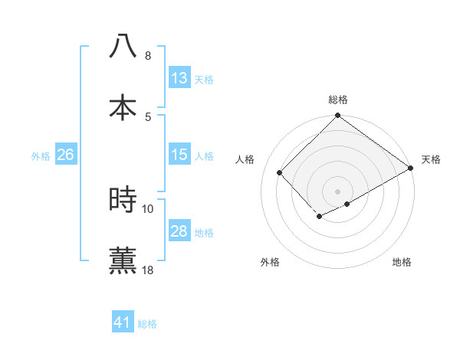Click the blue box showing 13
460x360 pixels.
(179, 78)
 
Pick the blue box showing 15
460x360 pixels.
(179, 155)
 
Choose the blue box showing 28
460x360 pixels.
(179, 231)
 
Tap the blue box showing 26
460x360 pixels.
(65, 155)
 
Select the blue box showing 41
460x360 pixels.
(123, 322)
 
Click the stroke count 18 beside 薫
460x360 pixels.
(147, 270)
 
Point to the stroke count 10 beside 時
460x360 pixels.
(147, 208)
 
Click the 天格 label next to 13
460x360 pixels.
(204, 79)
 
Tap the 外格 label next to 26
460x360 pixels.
(41, 155)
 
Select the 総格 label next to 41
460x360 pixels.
(147, 323)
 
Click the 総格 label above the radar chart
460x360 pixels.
(338, 100)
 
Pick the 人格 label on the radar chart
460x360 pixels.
(245, 159)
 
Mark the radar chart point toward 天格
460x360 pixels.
(411, 169)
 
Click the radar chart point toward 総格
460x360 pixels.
(338, 116)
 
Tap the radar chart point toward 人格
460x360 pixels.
(280, 172)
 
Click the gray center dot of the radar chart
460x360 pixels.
(338, 191)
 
